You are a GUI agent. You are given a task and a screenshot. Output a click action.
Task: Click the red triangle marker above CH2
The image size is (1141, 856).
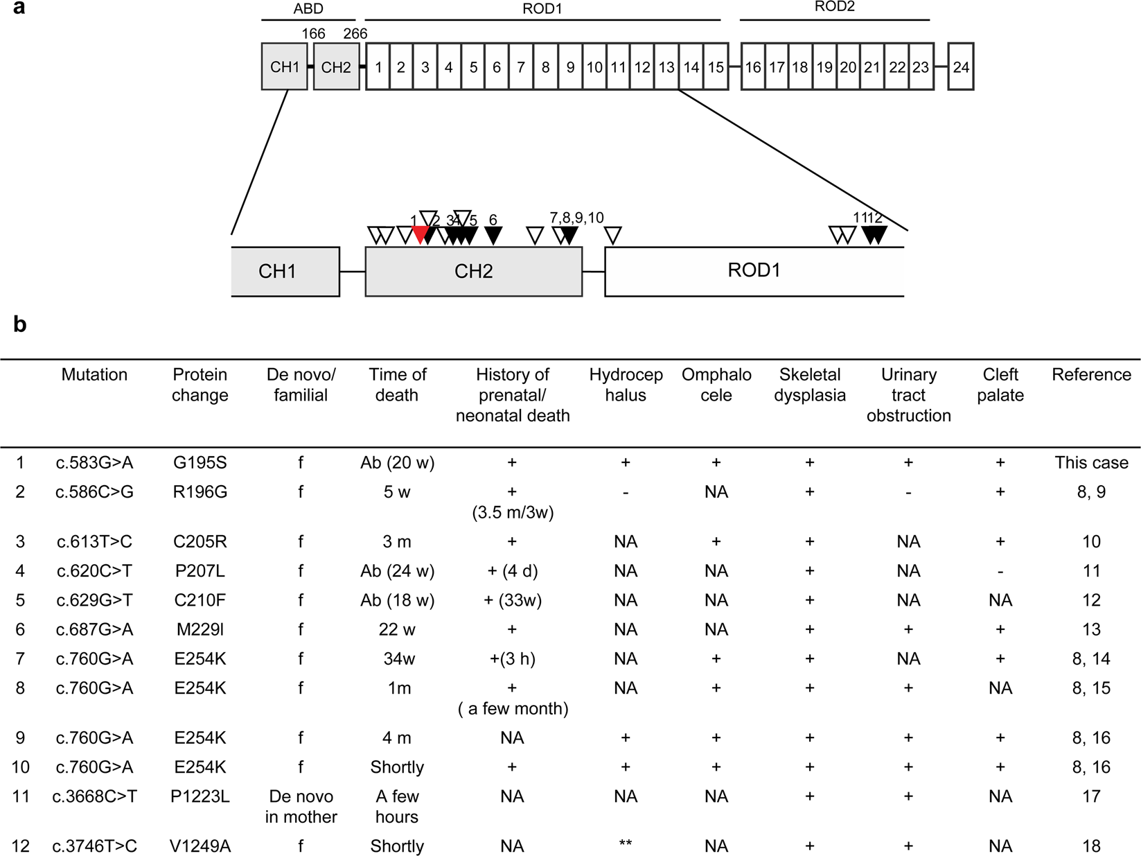point(420,234)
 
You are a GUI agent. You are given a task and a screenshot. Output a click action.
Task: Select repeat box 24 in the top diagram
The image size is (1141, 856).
point(961,67)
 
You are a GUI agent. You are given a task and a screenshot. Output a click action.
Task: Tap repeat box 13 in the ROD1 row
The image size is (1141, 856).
point(666,67)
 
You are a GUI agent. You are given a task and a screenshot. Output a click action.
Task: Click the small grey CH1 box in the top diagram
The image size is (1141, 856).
point(285,67)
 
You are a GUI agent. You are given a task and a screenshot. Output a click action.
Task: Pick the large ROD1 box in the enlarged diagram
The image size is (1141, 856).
point(754,271)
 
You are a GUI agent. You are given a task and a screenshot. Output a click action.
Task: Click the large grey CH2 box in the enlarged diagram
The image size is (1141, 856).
point(473,271)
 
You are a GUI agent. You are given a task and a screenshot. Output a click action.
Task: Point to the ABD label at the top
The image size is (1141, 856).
point(308,9)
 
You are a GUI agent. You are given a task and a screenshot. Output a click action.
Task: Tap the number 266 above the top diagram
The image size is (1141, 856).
point(355,33)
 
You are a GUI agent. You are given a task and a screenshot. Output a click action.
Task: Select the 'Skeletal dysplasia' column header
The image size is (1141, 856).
point(809,385)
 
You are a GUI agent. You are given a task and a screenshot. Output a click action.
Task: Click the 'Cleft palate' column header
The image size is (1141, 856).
point(1000,385)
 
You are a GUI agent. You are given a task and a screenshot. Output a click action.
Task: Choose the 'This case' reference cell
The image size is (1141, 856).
point(1091,462)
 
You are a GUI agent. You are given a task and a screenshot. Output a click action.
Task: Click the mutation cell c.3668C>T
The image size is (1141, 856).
point(94,796)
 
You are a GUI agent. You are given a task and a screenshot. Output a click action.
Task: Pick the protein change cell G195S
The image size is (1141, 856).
point(200,462)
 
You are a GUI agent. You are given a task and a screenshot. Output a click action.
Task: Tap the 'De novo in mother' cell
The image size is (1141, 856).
point(301,806)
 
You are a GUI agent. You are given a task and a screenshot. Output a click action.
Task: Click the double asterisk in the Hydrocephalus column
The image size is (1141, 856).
point(626,846)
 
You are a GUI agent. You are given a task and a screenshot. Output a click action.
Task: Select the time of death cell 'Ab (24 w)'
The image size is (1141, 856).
point(397,570)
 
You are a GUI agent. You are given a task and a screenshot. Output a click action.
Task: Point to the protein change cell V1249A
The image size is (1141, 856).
point(200,846)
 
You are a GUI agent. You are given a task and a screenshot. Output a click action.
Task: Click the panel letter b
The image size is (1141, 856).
point(20,324)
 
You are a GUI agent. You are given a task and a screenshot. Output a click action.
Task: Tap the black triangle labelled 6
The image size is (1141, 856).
point(493,235)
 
